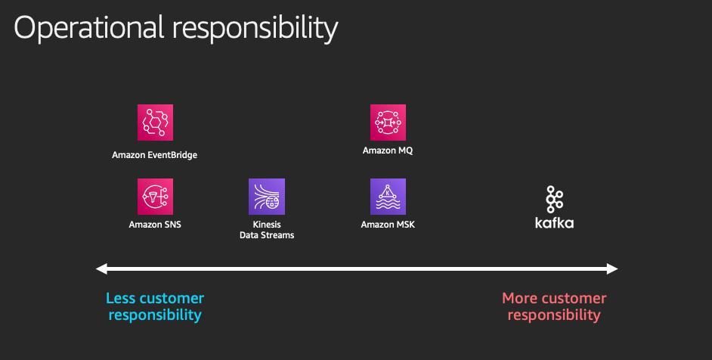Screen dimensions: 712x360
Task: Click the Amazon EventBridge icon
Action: click(155, 123)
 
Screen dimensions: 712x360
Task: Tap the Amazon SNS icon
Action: click(155, 197)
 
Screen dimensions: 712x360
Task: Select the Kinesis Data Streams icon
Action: click(267, 197)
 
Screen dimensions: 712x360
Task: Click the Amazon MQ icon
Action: click(388, 123)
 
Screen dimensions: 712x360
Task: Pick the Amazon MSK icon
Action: click(388, 197)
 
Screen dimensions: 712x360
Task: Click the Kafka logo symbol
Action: click(555, 199)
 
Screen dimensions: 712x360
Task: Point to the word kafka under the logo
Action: click(555, 222)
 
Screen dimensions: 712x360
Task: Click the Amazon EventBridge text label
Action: click(155, 155)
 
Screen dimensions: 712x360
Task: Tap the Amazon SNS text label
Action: click(155, 225)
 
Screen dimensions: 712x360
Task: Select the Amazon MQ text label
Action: click(388, 151)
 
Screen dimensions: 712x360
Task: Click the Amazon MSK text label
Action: click(388, 225)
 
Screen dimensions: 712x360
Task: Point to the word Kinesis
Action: click(267, 225)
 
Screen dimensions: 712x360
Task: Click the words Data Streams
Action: click(267, 235)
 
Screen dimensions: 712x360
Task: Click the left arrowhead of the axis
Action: click(101, 268)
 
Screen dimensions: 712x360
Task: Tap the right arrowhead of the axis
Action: click(612, 268)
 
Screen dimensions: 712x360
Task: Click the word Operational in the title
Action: click(89, 27)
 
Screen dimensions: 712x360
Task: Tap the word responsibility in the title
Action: click(255, 28)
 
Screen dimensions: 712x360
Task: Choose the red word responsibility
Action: click(554, 315)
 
